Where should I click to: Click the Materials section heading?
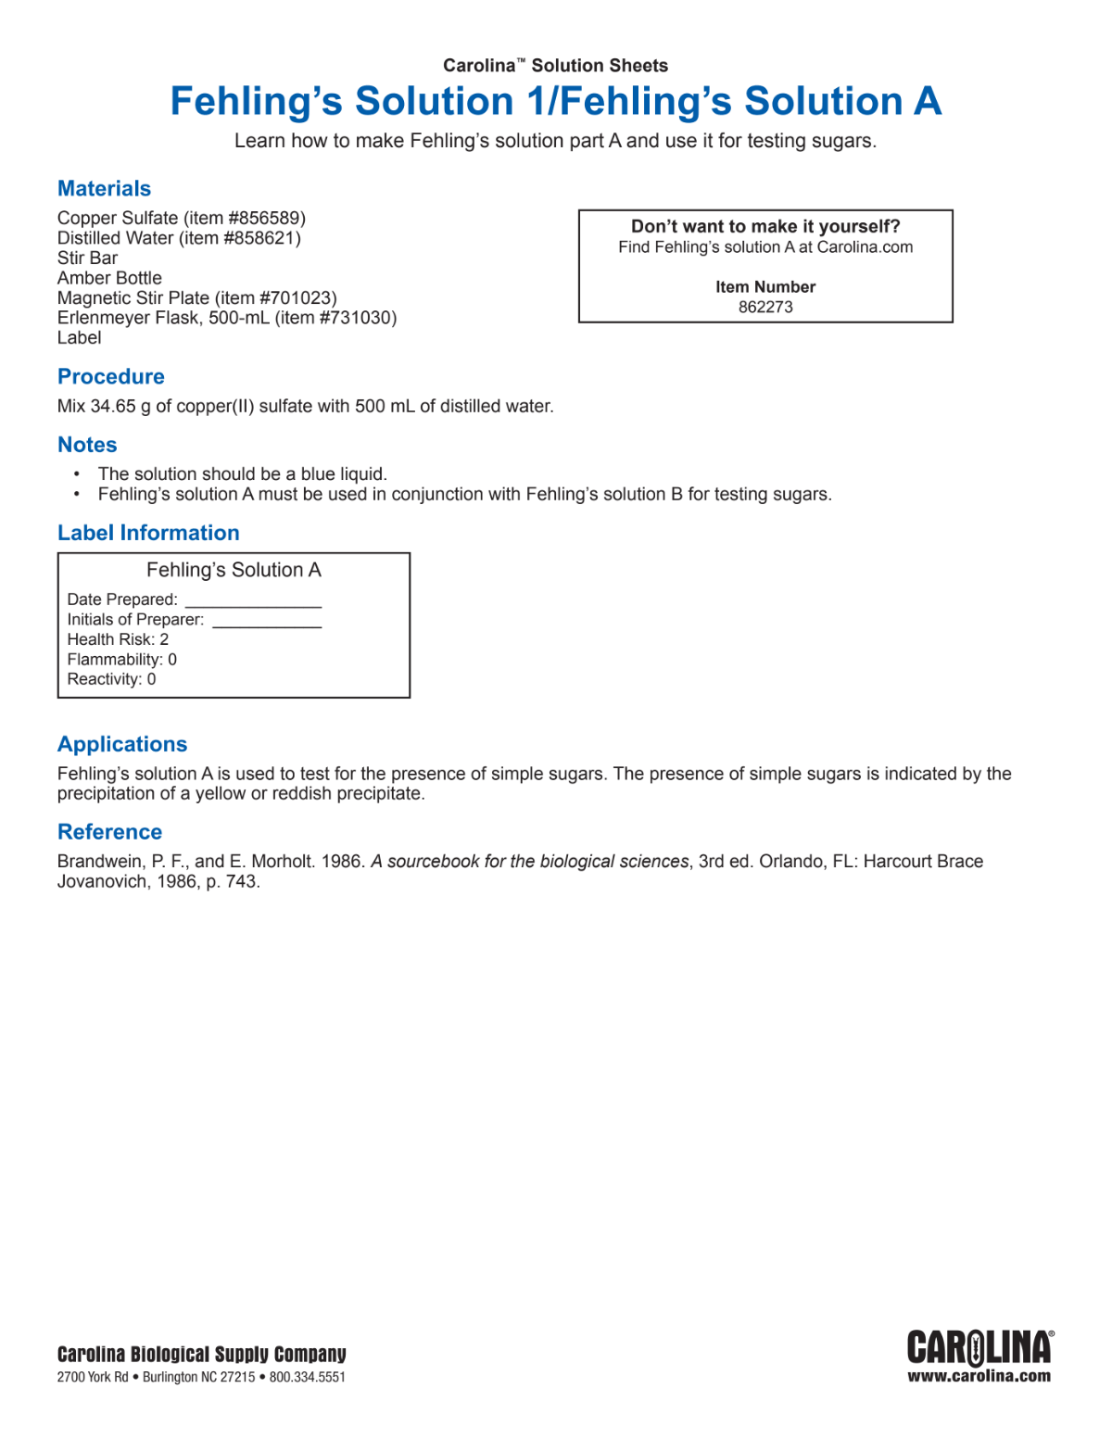[x=104, y=189]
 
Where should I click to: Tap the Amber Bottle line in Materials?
[x=109, y=278]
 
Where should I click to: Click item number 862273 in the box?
[x=765, y=308]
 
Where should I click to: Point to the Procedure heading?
[x=111, y=377]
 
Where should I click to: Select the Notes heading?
[x=87, y=445]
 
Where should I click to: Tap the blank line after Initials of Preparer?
[x=267, y=622]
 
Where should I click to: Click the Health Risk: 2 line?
[x=118, y=640]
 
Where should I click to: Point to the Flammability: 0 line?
[x=121, y=660]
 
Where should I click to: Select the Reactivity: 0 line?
[x=111, y=679]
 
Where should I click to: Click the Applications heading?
[x=122, y=745]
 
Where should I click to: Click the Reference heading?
[x=109, y=832]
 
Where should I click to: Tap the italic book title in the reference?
[x=530, y=862]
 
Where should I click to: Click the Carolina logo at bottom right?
[x=979, y=1347]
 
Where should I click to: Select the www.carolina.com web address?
[x=979, y=1376]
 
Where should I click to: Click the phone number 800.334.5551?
[x=308, y=1378]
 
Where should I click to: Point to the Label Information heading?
[x=148, y=534]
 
